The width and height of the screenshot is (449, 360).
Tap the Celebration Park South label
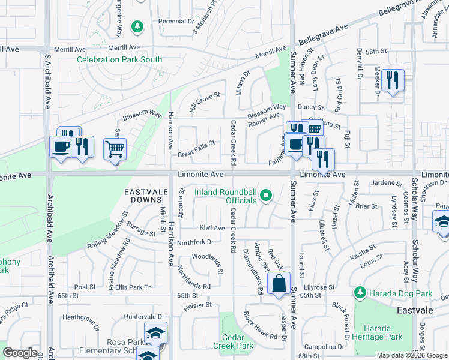[119, 59]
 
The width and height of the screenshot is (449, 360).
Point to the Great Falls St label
[196, 154]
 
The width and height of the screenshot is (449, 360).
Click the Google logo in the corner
[20, 353]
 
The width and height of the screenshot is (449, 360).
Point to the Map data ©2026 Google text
[412, 355]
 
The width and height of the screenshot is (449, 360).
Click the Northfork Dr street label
[195, 242]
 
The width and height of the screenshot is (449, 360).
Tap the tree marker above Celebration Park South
[138, 27]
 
